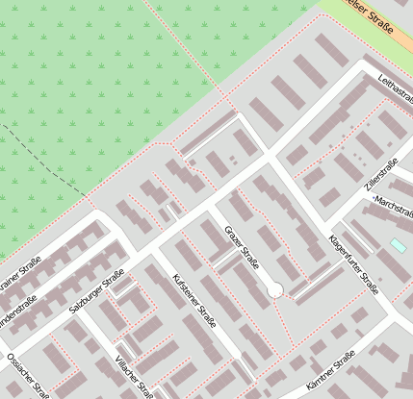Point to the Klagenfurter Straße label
pos(352,263)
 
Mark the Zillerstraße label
pos(381,170)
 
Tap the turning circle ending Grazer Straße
pos(274,288)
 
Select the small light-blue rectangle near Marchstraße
pos(398,246)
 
